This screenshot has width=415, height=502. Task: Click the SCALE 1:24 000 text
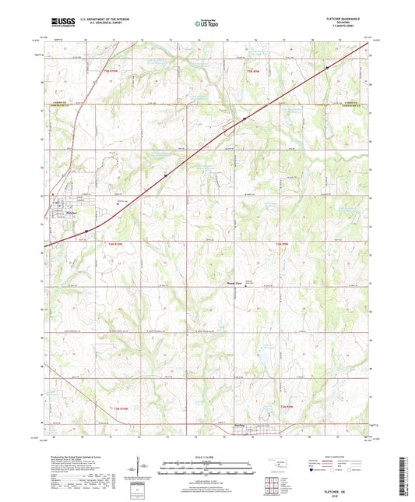pyautogui.click(x=206, y=458)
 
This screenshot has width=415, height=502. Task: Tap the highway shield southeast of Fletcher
pyautogui.click(x=86, y=231)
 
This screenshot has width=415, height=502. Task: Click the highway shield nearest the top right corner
pyautogui.click(x=327, y=67)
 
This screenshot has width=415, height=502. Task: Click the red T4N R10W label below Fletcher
pyautogui.click(x=114, y=245)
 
